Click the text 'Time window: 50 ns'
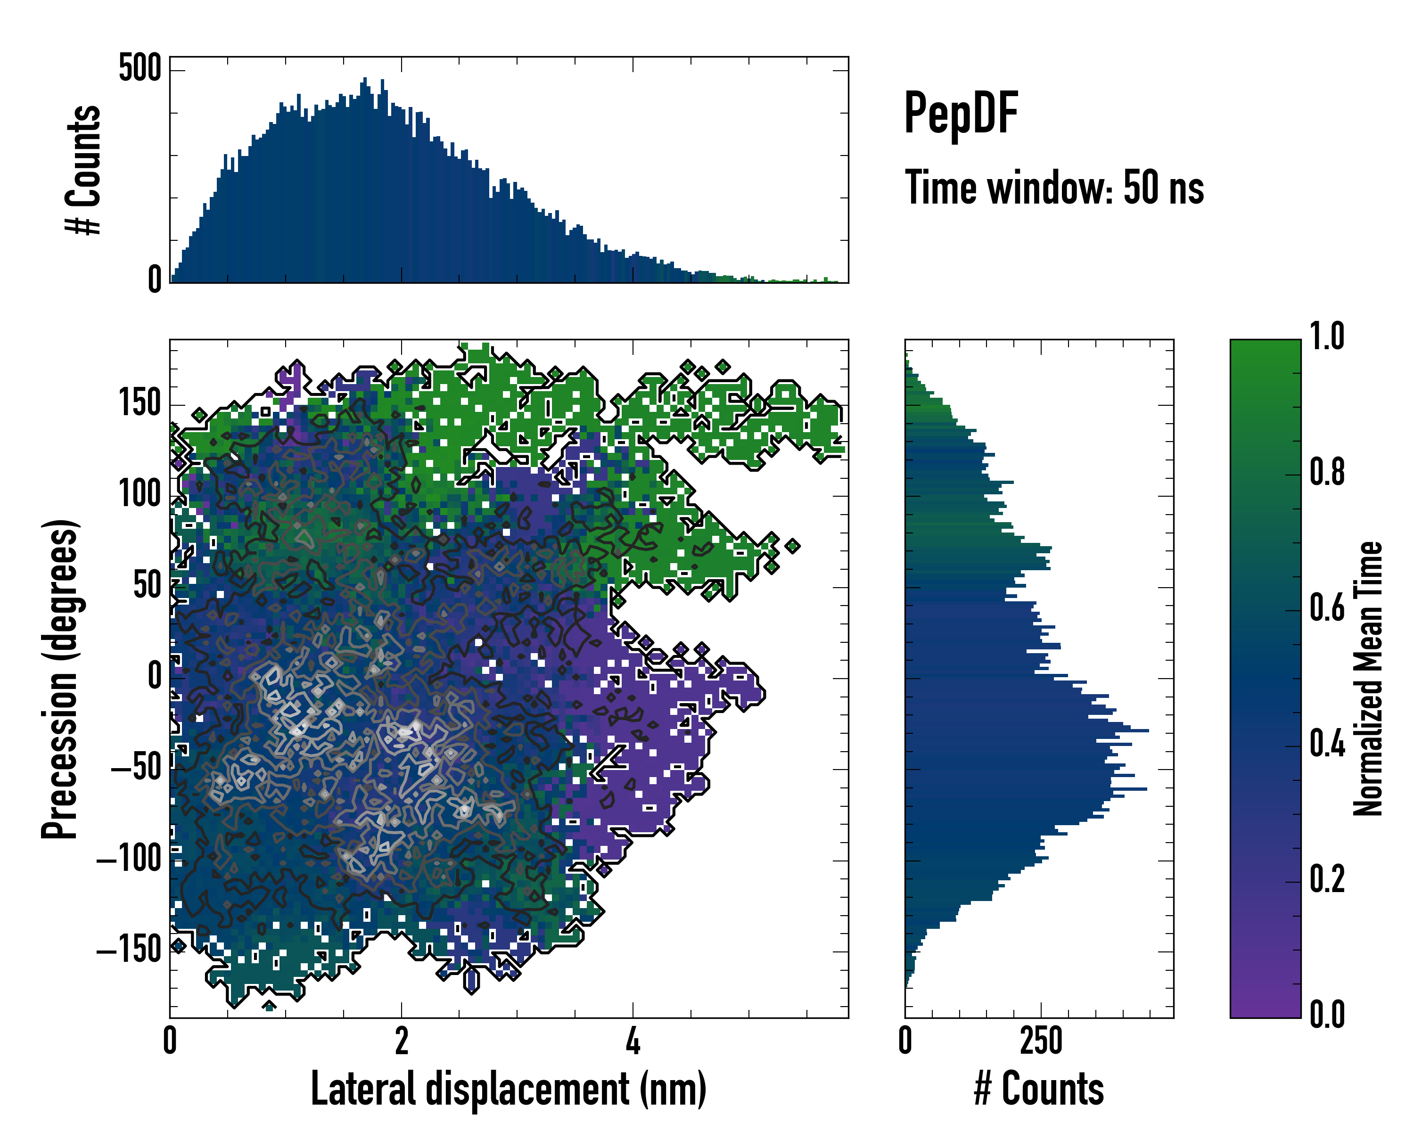pyautogui.click(x=1054, y=188)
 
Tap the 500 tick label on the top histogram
pyautogui.click(x=140, y=68)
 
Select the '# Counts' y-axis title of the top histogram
pyautogui.click(x=83, y=170)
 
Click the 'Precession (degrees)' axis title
pyautogui.click(x=60, y=679)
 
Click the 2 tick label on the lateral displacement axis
pyautogui.click(x=402, y=1041)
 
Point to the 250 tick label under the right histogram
pyautogui.click(x=1041, y=1041)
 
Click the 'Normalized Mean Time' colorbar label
pyautogui.click(x=1368, y=679)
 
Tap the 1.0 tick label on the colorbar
pyautogui.click(x=1327, y=337)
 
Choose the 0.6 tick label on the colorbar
pyautogui.click(x=1327, y=608)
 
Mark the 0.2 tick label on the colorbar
pyautogui.click(x=1327, y=879)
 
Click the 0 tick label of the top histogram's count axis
pyautogui.click(x=155, y=280)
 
